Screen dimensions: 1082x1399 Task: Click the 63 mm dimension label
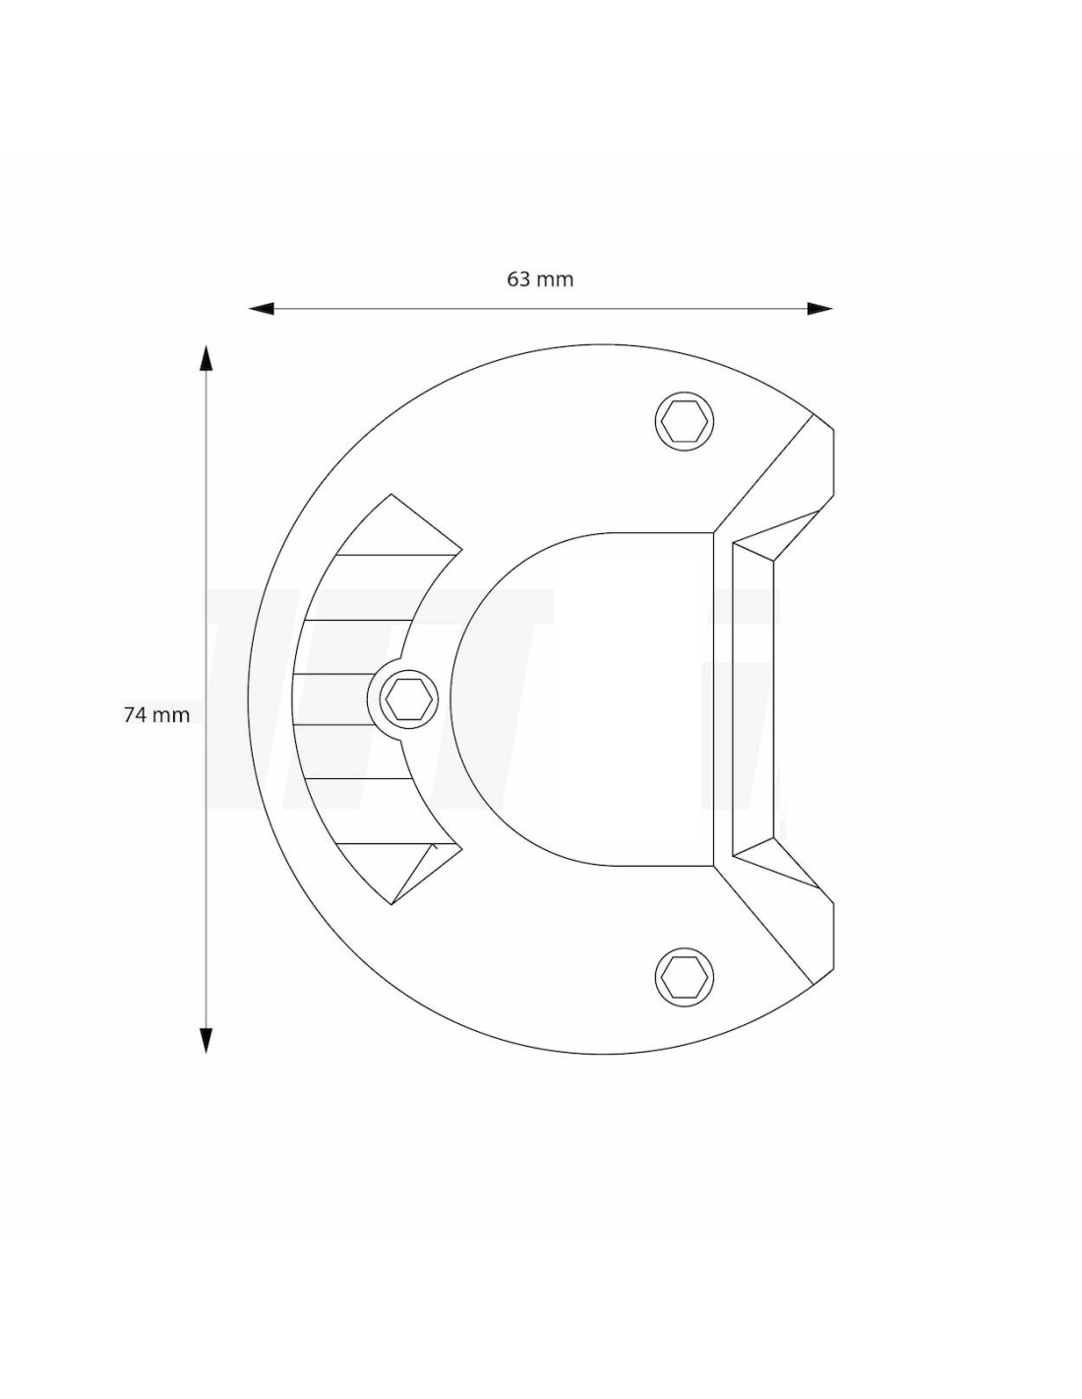coord(539,279)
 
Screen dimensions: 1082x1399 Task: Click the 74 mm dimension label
coord(156,714)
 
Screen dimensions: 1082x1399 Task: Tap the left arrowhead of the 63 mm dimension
coord(262,309)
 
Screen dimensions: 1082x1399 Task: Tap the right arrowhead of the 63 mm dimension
coord(820,309)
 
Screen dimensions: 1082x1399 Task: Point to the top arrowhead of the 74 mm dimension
coord(206,358)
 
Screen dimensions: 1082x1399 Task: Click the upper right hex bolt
coord(685,421)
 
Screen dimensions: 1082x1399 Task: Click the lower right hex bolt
coord(685,977)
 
